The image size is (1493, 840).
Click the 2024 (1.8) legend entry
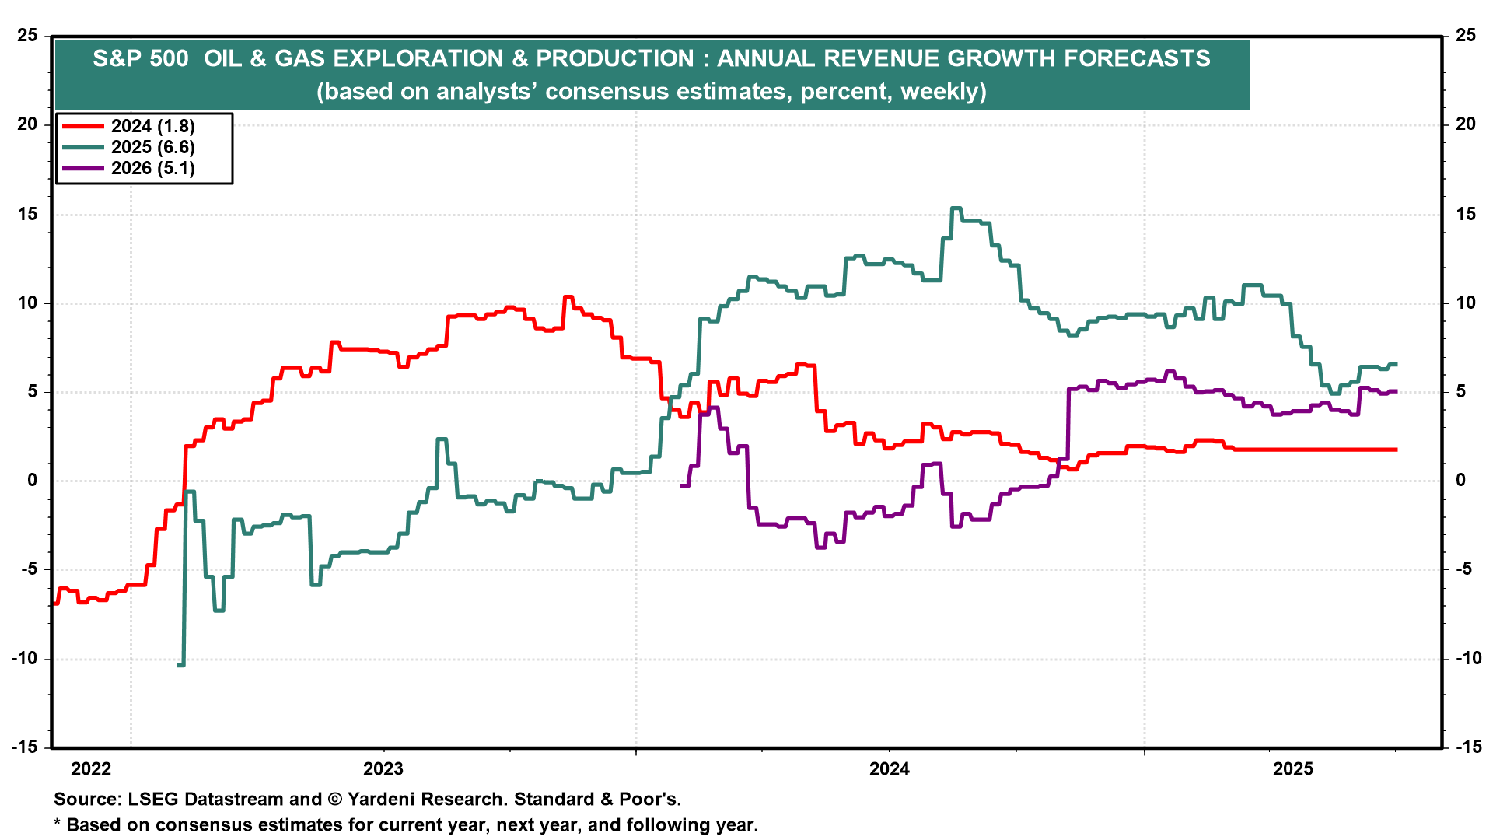coord(129,126)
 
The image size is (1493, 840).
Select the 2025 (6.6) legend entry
coord(129,147)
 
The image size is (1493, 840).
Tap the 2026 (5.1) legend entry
coord(129,168)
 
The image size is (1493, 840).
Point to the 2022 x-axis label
coord(91,769)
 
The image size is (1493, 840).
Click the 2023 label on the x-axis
coord(383,769)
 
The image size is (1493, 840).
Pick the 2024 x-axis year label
coord(890,769)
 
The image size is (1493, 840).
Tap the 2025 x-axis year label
coord(1293,769)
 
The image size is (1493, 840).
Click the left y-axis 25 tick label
coord(27,35)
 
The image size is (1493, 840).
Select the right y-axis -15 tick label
coord(1468,747)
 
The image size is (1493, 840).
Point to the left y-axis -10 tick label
coord(24,658)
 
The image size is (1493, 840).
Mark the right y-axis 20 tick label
coord(1466,124)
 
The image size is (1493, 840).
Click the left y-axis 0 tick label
coord(33,480)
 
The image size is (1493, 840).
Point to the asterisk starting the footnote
coord(57,823)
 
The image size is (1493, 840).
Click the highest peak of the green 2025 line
coord(956,208)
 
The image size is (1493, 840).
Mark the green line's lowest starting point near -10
coord(180,665)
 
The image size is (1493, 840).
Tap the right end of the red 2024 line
coord(1397,450)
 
